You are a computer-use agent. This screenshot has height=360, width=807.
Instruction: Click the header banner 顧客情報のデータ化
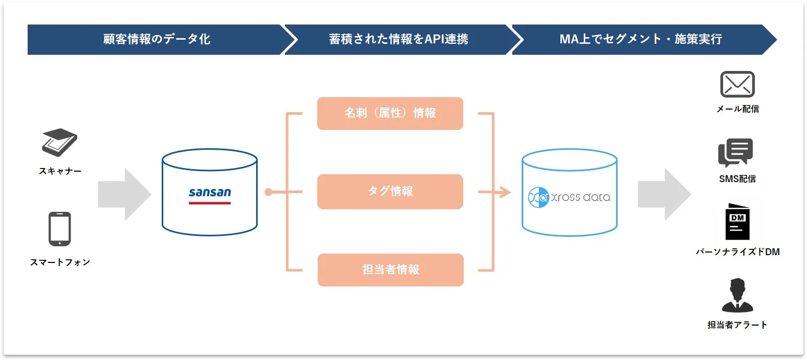(156, 39)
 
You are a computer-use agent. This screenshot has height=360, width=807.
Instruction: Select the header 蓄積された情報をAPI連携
(399, 39)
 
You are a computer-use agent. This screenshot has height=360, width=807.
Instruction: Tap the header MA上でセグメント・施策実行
(641, 39)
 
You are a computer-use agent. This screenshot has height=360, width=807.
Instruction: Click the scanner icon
(59, 142)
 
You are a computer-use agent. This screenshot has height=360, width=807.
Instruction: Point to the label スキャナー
(60, 171)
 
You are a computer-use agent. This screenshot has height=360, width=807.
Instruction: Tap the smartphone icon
(59, 229)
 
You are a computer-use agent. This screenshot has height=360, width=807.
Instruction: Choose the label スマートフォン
(60, 262)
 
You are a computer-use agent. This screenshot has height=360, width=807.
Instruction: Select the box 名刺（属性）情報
(390, 113)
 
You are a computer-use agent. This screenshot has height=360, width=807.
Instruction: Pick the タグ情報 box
(390, 191)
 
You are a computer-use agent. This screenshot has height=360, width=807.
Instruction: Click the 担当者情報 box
(390, 270)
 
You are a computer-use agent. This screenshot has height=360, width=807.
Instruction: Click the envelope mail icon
(737, 85)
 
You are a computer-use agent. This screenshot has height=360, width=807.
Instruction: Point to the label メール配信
(738, 109)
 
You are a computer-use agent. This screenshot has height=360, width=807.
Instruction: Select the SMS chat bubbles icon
(736, 152)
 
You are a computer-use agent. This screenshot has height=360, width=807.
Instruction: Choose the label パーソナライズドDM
(738, 252)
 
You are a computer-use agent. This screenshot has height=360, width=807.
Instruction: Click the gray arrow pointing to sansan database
(124, 195)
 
